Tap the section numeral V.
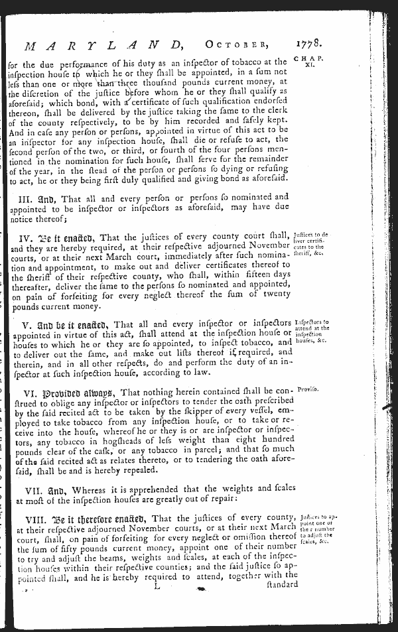click(25, 324)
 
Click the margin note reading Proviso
click(308, 389)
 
